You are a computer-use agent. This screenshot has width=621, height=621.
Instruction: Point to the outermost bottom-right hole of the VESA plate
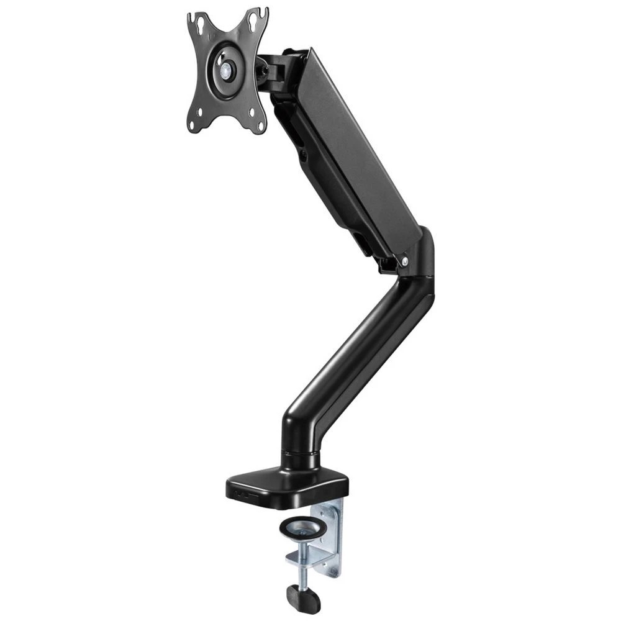point(253,112)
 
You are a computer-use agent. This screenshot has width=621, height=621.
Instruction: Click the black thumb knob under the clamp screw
point(303,599)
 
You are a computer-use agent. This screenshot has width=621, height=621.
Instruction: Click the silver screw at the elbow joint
point(404,262)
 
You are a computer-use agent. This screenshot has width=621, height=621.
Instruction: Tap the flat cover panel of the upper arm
point(360,143)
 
